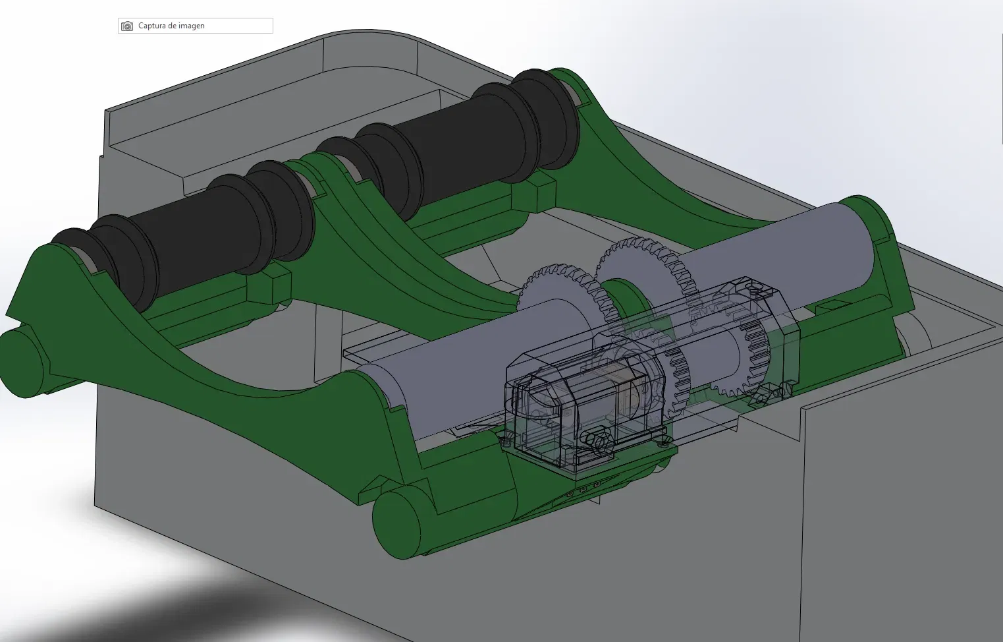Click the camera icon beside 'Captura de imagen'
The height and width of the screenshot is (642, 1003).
[127, 26]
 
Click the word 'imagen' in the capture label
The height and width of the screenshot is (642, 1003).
[191, 26]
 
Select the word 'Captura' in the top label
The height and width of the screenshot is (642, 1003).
[151, 26]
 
